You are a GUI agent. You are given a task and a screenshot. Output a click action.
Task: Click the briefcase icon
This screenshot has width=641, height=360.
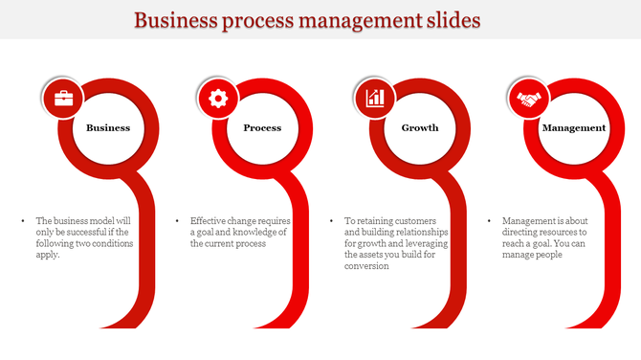point(63,98)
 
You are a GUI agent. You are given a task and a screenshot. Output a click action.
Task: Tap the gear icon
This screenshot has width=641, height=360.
point(218,98)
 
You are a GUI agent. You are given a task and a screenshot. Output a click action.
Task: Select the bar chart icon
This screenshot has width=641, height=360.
point(374,98)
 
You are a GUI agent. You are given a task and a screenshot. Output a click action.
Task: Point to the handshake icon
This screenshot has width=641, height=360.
point(529,98)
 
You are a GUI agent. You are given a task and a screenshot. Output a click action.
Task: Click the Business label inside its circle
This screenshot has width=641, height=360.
point(108,127)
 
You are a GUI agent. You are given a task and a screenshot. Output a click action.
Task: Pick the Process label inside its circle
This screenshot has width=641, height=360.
point(262,127)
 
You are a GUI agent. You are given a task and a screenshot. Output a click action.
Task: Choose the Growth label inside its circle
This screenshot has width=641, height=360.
point(420,127)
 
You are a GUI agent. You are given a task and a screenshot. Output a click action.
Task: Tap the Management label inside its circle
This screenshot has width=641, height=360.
point(574,127)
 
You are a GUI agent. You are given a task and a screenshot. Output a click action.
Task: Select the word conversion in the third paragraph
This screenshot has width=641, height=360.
point(366,266)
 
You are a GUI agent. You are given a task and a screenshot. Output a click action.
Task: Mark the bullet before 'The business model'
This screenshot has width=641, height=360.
point(23,220)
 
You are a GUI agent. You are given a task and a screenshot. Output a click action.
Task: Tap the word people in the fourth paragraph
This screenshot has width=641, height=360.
point(543,255)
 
